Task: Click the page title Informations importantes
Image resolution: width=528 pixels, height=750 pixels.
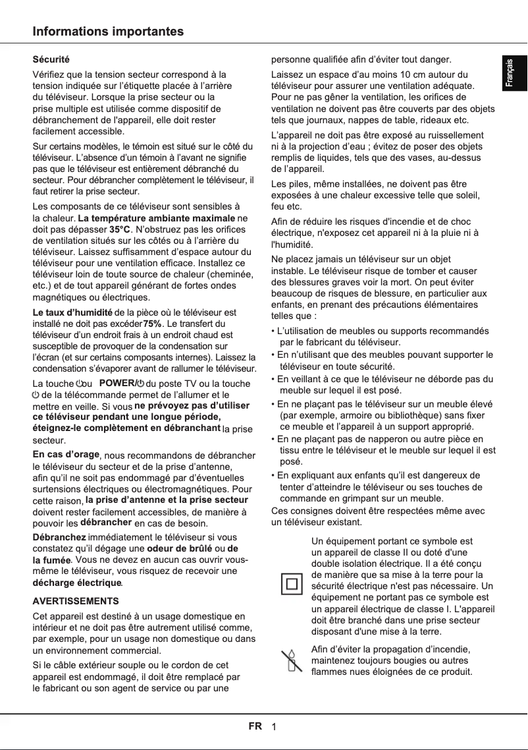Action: click(108, 32)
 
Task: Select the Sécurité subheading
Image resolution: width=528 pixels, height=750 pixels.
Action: click(51, 60)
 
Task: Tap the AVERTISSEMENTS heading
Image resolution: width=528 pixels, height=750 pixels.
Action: click(76, 601)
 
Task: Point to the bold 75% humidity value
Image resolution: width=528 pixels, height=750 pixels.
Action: click(152, 324)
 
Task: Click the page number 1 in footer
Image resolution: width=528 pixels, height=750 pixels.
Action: click(273, 727)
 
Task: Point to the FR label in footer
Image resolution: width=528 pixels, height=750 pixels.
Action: click(255, 726)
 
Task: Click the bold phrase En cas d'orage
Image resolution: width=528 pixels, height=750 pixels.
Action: click(66, 455)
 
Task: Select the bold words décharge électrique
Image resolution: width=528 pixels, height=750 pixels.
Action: click(77, 583)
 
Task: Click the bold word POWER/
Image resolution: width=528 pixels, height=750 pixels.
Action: click(117, 383)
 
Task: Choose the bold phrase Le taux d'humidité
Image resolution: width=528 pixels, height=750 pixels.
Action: click(72, 312)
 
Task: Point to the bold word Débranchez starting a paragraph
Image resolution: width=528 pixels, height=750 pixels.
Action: click(59, 537)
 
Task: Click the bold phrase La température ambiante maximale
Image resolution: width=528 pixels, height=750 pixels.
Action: click(156, 218)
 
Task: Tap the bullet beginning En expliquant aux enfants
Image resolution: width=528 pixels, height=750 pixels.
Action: click(379, 475)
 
